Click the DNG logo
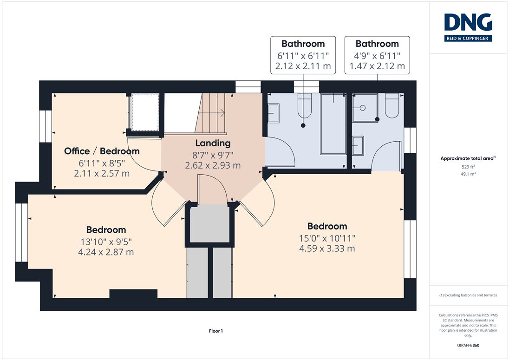click(x=468, y=27)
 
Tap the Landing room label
click(x=213, y=143)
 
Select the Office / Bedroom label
click(x=102, y=151)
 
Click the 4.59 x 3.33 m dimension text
click(x=327, y=249)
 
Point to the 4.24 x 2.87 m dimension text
click(x=106, y=252)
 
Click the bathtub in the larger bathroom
click(x=333, y=124)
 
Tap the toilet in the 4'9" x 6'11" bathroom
click(x=392, y=106)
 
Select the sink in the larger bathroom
click(x=274, y=113)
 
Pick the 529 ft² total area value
click(x=468, y=167)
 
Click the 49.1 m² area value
click(x=468, y=174)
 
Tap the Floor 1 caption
click(x=216, y=331)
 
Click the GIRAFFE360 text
click(x=468, y=346)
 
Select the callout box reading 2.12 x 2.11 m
click(x=303, y=55)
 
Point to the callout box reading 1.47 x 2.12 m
click(x=377, y=55)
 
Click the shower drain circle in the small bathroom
click(x=363, y=108)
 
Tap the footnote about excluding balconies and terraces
click(x=468, y=295)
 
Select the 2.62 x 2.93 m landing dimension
click(x=213, y=165)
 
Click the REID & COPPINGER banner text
click(x=468, y=38)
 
